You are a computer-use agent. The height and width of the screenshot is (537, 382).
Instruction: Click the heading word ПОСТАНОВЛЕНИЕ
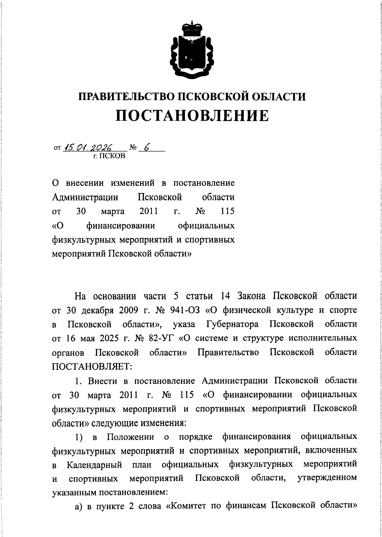click(x=192, y=116)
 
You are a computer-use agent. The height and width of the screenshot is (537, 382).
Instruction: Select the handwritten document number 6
click(x=147, y=147)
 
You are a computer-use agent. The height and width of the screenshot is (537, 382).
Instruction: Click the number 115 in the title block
click(x=226, y=211)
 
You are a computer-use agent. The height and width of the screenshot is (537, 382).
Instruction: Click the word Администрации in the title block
click(x=85, y=197)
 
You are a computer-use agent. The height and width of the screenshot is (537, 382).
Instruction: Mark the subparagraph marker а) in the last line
click(x=79, y=515)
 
